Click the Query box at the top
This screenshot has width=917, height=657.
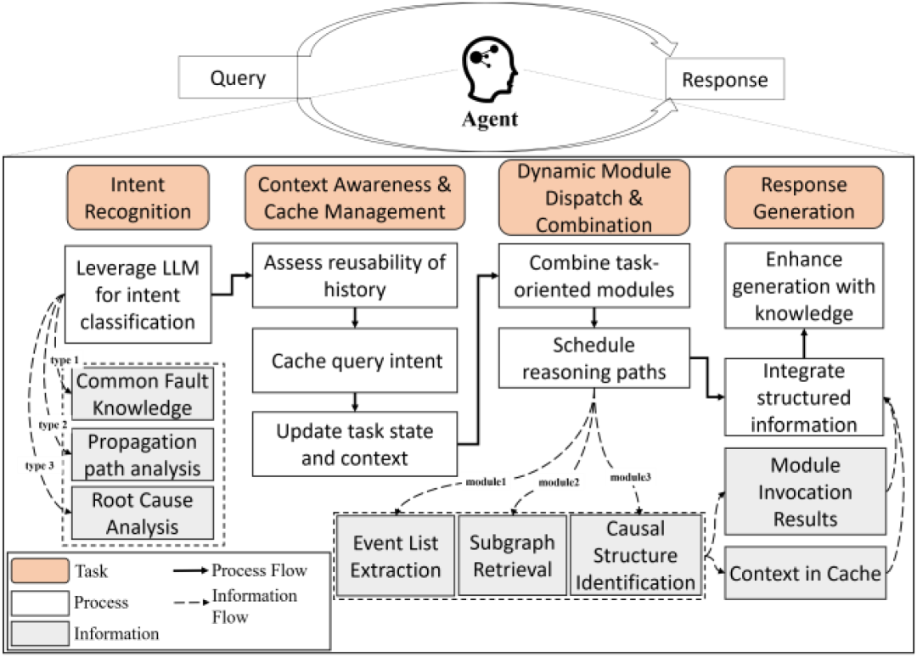point(239,77)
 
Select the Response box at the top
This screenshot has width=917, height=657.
point(724,79)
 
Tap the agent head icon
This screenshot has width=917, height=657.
point(489,70)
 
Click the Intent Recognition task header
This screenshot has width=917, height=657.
point(138,198)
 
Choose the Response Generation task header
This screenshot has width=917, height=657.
point(804,198)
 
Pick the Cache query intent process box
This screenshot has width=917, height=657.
point(355,361)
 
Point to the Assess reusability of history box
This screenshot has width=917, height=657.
point(355,275)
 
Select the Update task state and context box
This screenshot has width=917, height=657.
point(355,444)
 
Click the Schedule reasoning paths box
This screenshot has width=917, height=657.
point(594,358)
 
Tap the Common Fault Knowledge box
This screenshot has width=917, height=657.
point(142,394)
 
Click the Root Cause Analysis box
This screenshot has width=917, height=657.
point(142,514)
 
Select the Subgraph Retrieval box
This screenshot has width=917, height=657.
point(512,555)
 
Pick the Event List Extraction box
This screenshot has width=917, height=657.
point(396,555)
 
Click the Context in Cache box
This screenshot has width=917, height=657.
point(805,573)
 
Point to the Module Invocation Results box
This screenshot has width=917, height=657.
point(805,491)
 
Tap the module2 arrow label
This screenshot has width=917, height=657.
point(559,482)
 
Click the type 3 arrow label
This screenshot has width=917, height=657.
point(39,466)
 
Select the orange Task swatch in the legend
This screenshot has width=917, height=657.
point(40,570)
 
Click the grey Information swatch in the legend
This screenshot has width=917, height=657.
point(40,633)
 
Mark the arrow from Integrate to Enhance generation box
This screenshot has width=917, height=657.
point(804,343)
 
